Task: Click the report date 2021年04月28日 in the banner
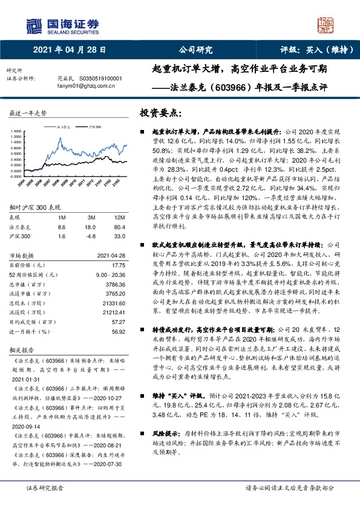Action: (x=70, y=51)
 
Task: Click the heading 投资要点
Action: (x=160, y=112)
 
